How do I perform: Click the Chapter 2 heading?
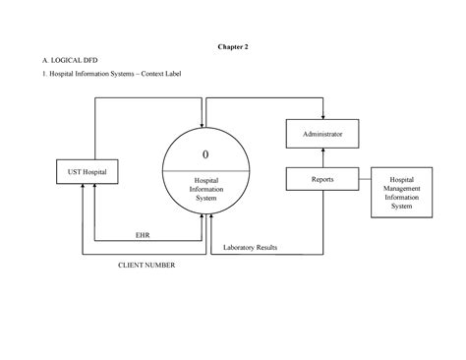(x=233, y=45)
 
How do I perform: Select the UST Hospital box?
(x=93, y=172)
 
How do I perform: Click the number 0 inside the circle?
(x=205, y=154)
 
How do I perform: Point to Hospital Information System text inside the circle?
(x=205, y=189)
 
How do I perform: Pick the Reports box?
(x=323, y=179)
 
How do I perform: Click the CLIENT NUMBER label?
(x=146, y=265)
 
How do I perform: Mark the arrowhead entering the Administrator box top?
(x=323, y=115)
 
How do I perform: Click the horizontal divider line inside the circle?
(x=205, y=170)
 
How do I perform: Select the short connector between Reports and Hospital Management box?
(x=366, y=179)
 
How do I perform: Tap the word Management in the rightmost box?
(x=401, y=189)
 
